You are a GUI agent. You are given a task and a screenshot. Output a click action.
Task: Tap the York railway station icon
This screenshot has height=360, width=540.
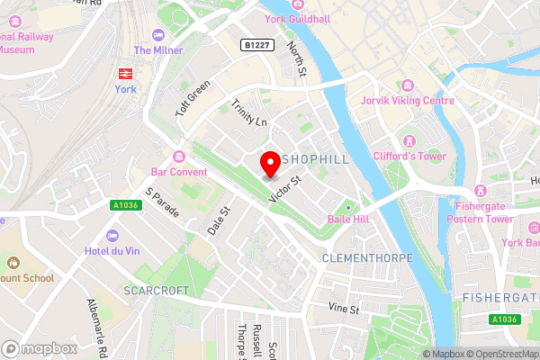[x=124, y=72]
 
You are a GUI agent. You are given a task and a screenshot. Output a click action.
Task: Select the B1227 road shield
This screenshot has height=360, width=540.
[x=256, y=44]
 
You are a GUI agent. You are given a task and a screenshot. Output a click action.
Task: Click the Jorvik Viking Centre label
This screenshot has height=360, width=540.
[x=407, y=100]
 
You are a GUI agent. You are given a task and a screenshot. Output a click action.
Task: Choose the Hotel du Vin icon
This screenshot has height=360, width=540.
[x=112, y=235]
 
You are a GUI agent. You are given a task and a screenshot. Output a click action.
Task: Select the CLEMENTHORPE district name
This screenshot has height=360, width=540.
[x=366, y=258]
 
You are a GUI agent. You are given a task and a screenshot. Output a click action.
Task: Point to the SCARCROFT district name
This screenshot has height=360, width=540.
[x=156, y=292]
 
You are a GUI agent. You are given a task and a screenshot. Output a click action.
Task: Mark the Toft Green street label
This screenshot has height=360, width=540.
[x=193, y=99]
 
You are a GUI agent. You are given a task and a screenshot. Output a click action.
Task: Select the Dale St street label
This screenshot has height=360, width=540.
[x=220, y=221]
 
